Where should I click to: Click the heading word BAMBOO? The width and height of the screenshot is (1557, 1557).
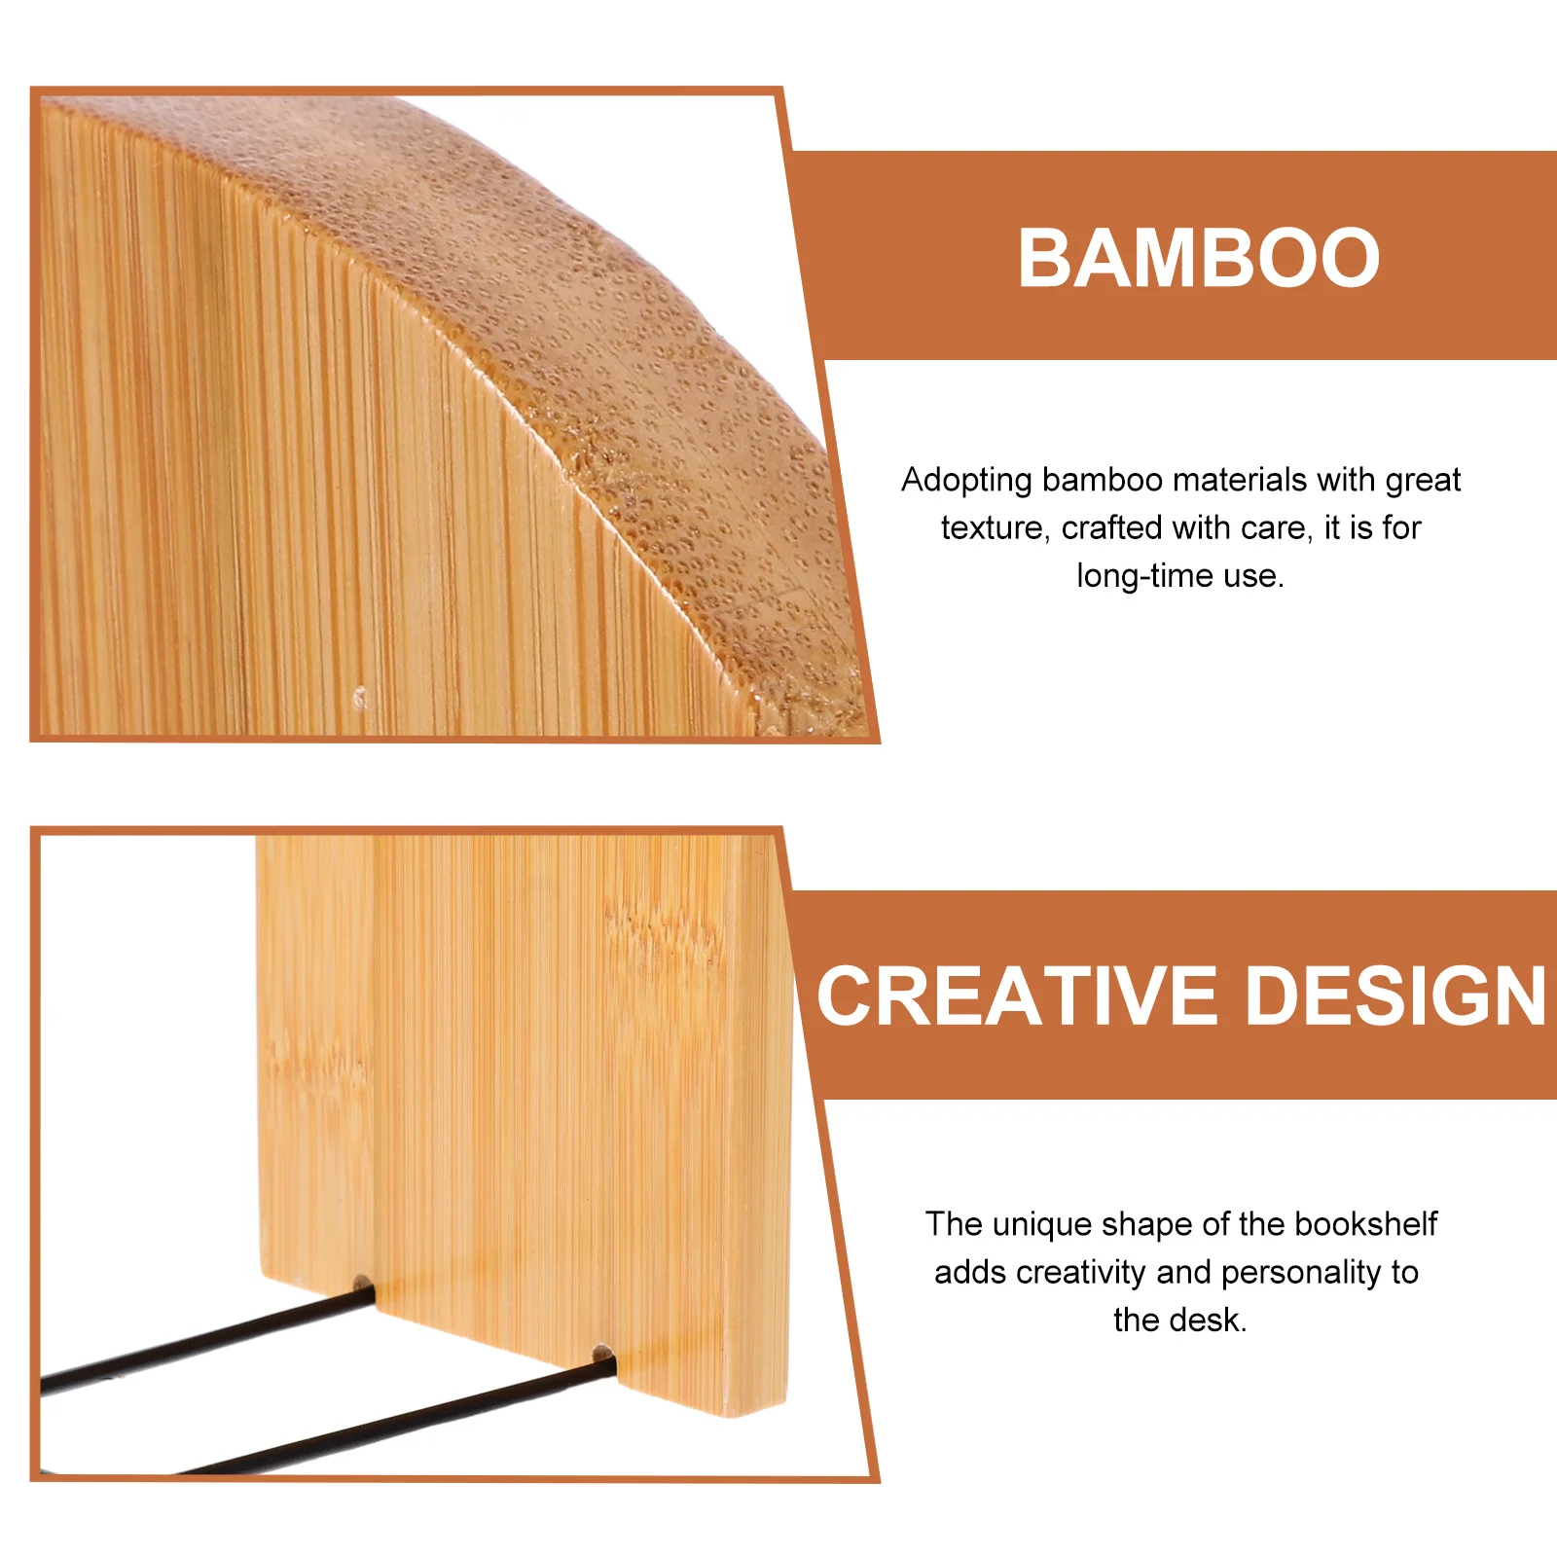(x=1198, y=258)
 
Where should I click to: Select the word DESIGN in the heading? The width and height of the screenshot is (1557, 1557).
(x=1395, y=996)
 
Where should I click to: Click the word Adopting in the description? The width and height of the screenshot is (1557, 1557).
(x=965, y=481)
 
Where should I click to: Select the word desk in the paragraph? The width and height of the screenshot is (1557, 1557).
(x=1215, y=1321)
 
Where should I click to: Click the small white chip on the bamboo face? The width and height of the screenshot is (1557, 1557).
(x=360, y=697)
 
